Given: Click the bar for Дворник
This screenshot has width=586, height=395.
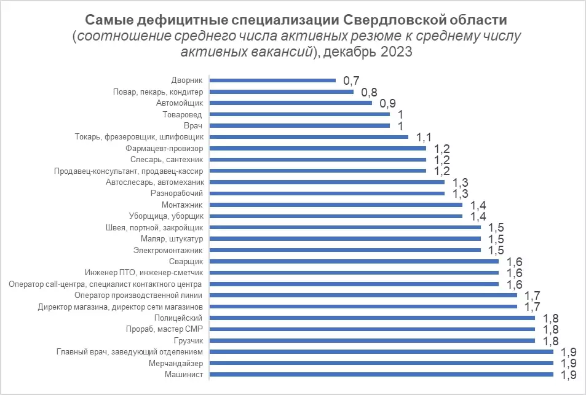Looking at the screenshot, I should coord(273,80).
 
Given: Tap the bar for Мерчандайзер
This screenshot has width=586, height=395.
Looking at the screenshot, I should coord(382,363).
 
